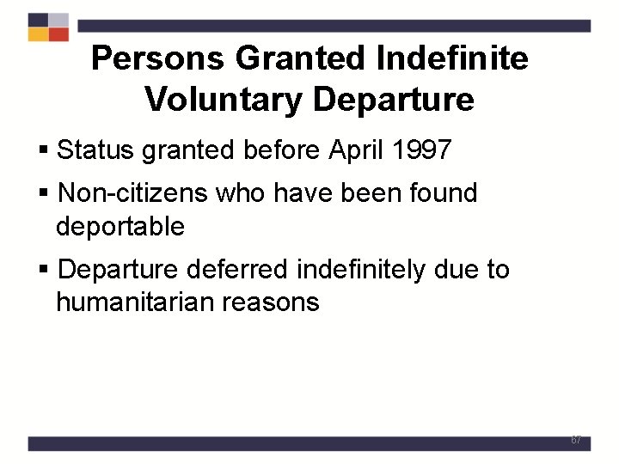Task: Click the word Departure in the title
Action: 393,100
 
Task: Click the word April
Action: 354,150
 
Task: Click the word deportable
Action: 120,227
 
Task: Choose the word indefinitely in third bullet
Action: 360,270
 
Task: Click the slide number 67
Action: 576,440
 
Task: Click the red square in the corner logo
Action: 58,34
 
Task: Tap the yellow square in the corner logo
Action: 38,34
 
